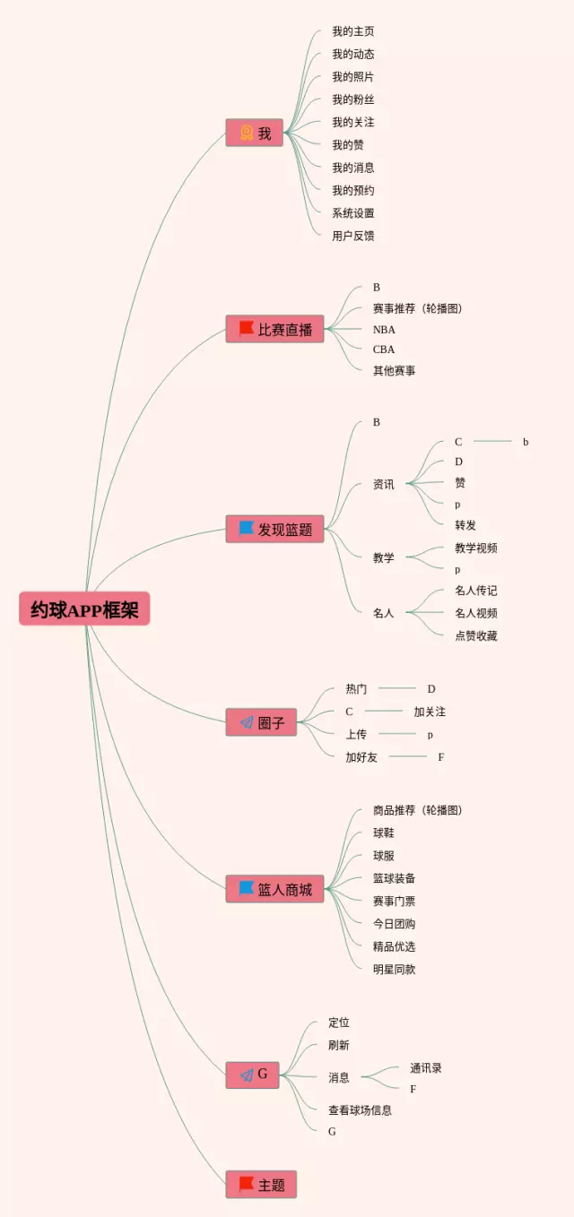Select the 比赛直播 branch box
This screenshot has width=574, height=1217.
tap(274, 329)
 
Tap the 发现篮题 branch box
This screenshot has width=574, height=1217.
tap(274, 529)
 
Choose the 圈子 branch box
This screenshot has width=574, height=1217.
tap(260, 722)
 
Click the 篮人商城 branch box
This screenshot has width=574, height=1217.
tap(274, 889)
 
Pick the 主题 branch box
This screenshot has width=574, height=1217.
tap(261, 1185)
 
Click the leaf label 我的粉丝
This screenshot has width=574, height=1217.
tap(352, 99)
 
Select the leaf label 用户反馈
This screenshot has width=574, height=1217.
tap(352, 236)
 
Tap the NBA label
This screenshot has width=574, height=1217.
tap(384, 329)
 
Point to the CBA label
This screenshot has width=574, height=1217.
tap(384, 350)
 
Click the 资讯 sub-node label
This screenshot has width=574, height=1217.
tap(383, 485)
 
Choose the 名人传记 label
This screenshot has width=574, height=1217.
tap(475, 591)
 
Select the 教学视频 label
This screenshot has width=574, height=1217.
tap(475, 548)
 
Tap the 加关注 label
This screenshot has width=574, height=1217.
tap(430, 712)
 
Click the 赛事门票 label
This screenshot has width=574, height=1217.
tap(394, 901)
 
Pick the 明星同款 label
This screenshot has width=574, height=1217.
tap(394, 969)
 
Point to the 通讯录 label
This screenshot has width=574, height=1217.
tap(426, 1068)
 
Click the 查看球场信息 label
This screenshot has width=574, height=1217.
tap(360, 1110)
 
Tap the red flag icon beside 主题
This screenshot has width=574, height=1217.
tap(246, 1184)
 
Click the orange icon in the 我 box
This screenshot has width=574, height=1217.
tap(246, 133)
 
